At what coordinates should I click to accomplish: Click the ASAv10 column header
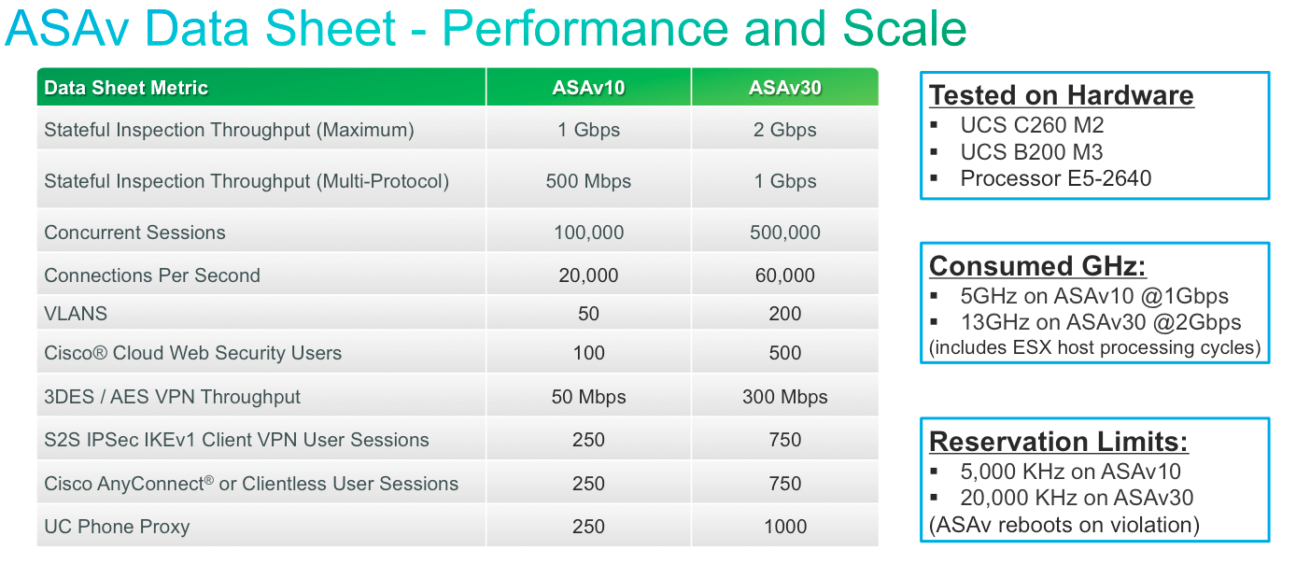click(588, 88)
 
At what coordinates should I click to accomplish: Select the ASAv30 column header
click(784, 88)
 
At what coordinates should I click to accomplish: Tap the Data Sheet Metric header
click(126, 88)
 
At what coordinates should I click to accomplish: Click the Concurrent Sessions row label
click(134, 233)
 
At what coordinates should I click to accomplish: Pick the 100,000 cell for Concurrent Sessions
click(588, 233)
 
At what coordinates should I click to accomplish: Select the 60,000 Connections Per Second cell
click(784, 275)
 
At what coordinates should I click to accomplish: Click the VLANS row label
click(76, 314)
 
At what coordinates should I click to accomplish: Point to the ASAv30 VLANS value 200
click(784, 314)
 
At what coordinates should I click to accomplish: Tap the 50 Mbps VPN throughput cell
click(588, 397)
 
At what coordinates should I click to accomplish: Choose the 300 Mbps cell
click(784, 397)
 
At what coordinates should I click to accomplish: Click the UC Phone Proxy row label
click(117, 527)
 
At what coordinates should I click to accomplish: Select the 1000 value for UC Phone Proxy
click(784, 527)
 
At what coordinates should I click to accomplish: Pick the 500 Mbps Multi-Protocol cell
click(588, 182)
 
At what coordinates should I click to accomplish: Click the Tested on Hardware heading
click(1061, 95)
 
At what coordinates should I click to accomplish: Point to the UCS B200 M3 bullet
click(1032, 152)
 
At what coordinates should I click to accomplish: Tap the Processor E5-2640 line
click(1056, 178)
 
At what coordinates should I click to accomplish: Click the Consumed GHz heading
click(1037, 266)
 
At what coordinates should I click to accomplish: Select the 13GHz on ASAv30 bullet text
click(1101, 322)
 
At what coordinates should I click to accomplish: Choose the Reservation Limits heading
click(1058, 442)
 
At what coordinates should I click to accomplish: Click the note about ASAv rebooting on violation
click(1064, 525)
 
